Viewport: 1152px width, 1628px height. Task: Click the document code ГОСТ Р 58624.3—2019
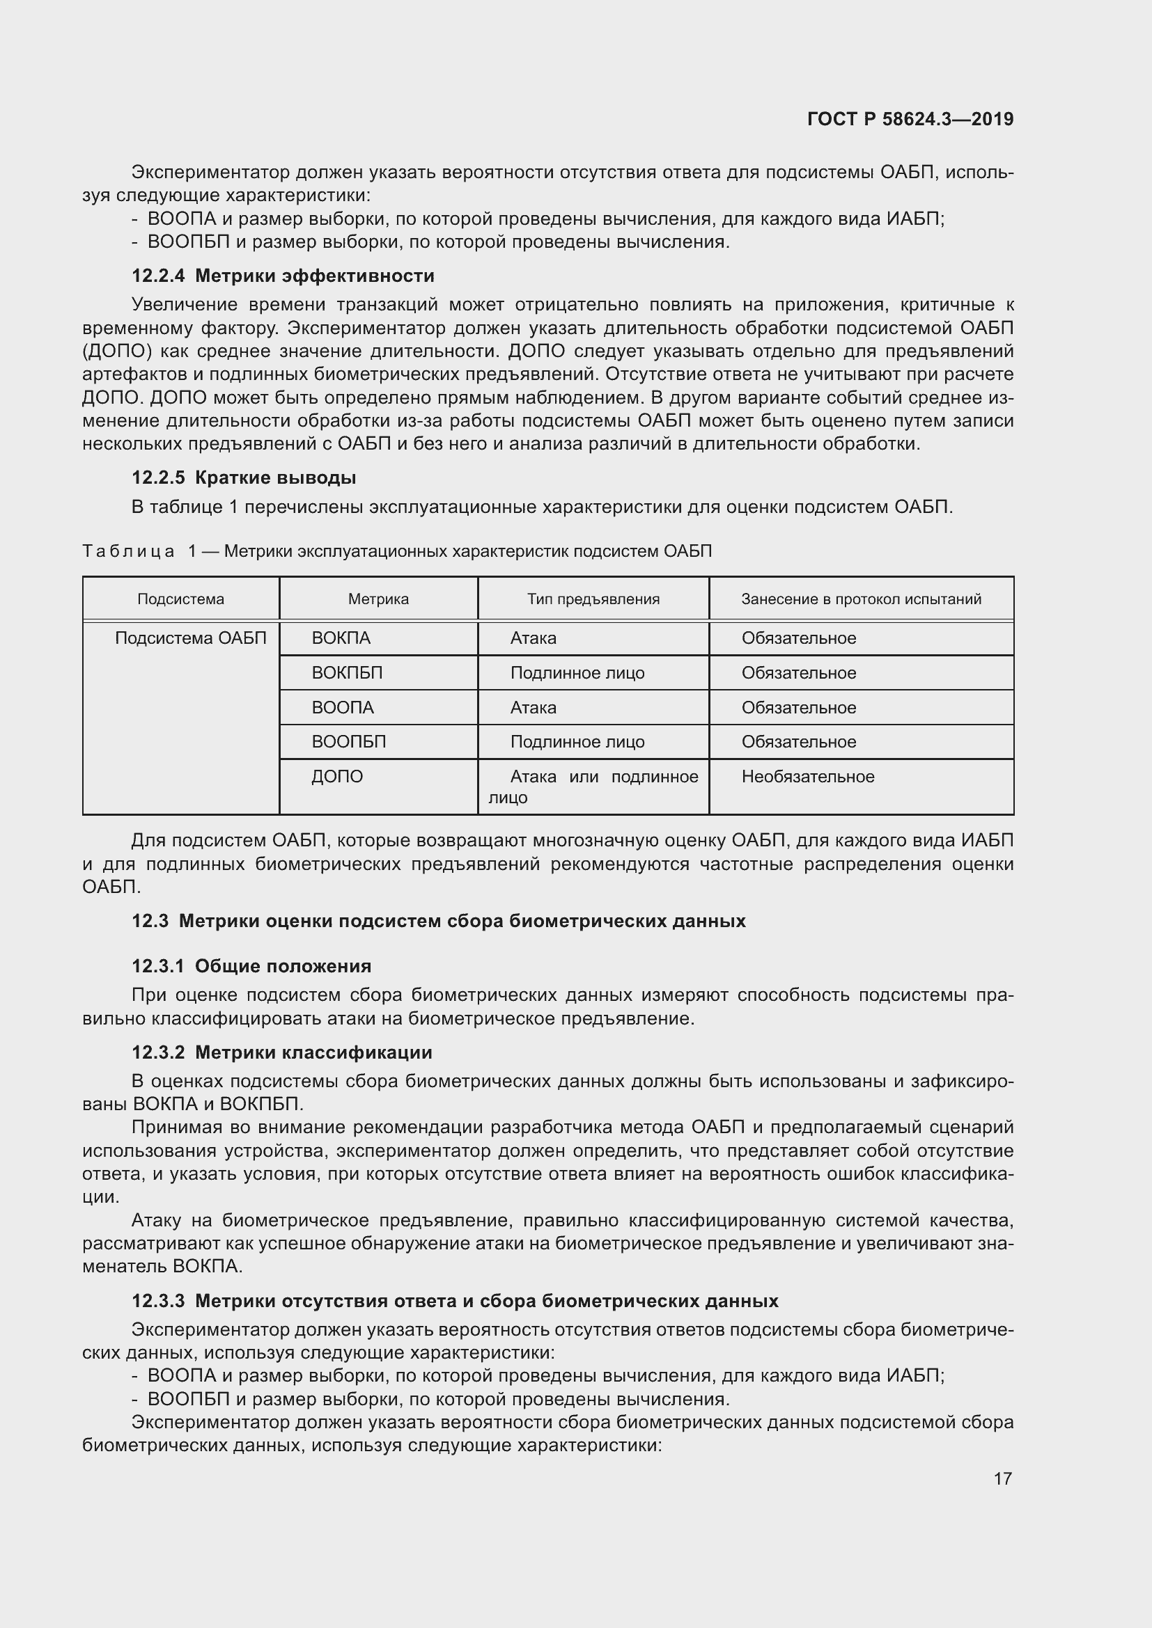tap(910, 119)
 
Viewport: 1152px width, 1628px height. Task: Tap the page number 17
tap(1002, 1478)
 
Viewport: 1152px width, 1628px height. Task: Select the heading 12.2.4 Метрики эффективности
tap(283, 276)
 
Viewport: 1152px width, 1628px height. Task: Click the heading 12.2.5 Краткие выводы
tap(244, 478)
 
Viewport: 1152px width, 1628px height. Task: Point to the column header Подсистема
tap(181, 599)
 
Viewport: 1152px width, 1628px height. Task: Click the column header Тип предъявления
tap(593, 599)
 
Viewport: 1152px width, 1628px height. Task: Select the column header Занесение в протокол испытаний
tap(861, 599)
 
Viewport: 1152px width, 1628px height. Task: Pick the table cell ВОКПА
tap(341, 638)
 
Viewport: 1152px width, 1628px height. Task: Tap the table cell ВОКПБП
tap(347, 673)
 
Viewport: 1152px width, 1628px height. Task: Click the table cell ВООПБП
tap(349, 743)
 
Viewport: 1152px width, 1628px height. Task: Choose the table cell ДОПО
tap(337, 777)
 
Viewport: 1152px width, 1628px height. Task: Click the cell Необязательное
tap(808, 777)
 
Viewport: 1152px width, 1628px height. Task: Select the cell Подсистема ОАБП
tap(191, 638)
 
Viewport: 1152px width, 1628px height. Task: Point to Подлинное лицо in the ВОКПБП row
tap(577, 673)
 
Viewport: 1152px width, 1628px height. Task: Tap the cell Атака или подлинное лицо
tap(593, 787)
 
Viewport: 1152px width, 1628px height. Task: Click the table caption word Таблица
tap(128, 552)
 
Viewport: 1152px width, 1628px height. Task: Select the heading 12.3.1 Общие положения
tap(251, 967)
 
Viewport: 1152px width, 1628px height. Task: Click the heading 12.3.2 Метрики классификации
tap(281, 1052)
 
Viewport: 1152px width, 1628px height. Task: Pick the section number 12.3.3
tap(157, 1301)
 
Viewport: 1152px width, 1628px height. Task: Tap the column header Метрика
tap(378, 599)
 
